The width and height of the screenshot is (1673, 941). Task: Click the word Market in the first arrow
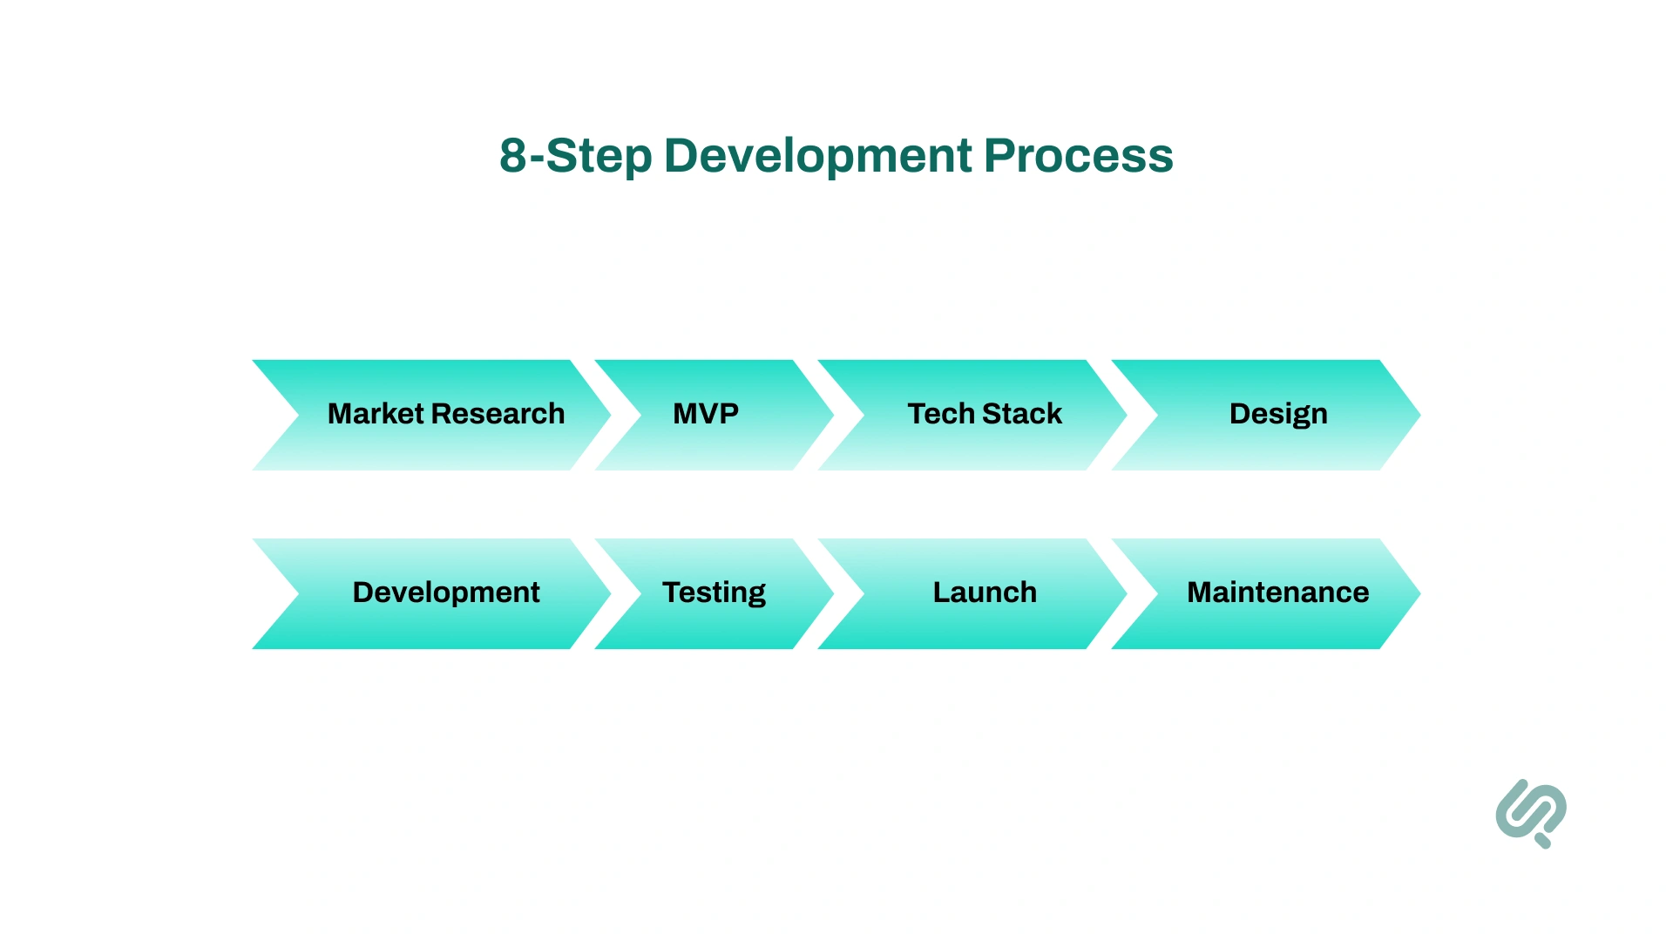point(376,414)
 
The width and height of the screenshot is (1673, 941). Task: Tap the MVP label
point(706,414)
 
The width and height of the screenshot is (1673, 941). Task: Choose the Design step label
point(1278,414)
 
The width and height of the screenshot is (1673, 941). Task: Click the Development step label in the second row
point(446,592)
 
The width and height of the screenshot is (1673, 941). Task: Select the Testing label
point(714,592)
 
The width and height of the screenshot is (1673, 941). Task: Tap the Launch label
point(985,592)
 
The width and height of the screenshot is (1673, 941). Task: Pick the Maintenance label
point(1277,592)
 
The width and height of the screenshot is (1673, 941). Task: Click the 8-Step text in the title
point(575,157)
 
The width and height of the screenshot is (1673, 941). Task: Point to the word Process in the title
point(1079,157)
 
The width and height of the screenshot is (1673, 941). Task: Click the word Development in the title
point(817,157)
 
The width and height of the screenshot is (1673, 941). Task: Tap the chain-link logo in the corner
point(1531,813)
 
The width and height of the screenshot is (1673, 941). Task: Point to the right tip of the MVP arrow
point(829,416)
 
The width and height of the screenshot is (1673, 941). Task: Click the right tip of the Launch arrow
point(1121,593)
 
